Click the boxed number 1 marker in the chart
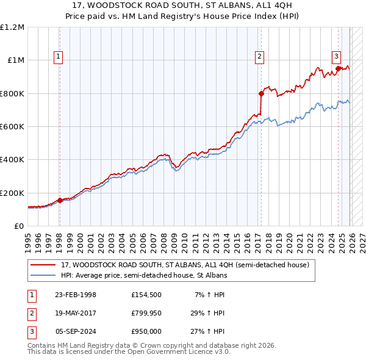coord(59,57)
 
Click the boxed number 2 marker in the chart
coord(259,57)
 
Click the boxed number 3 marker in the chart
coord(336,57)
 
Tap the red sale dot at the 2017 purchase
coord(261,94)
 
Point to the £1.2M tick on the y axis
coord(12,27)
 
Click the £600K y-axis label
coord(12,127)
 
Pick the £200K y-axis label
coord(12,193)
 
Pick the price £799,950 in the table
coord(148,313)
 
